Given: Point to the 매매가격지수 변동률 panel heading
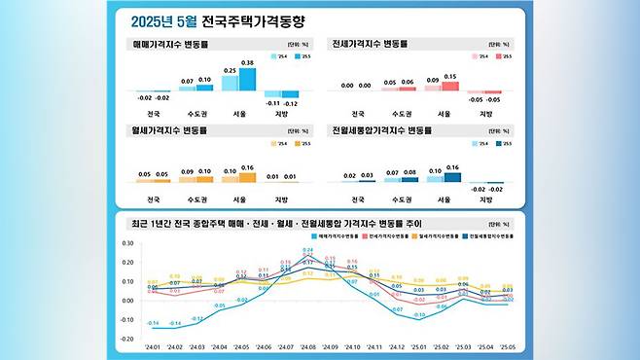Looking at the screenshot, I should tap(169, 45).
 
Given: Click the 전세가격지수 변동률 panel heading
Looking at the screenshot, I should tap(371, 45).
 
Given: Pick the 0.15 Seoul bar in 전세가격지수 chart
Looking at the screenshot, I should tap(449, 86).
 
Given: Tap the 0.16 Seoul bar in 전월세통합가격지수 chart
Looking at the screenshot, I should tap(449, 178).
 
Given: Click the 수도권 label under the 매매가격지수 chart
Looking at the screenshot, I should tap(196, 114).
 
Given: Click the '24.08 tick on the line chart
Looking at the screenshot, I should tap(307, 346).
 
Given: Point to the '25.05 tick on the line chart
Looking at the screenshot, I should tap(507, 346).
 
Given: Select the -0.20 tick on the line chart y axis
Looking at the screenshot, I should tap(127, 339).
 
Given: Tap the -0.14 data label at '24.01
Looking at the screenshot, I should tap(154, 322).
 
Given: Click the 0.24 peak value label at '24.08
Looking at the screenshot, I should tap(307, 250).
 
